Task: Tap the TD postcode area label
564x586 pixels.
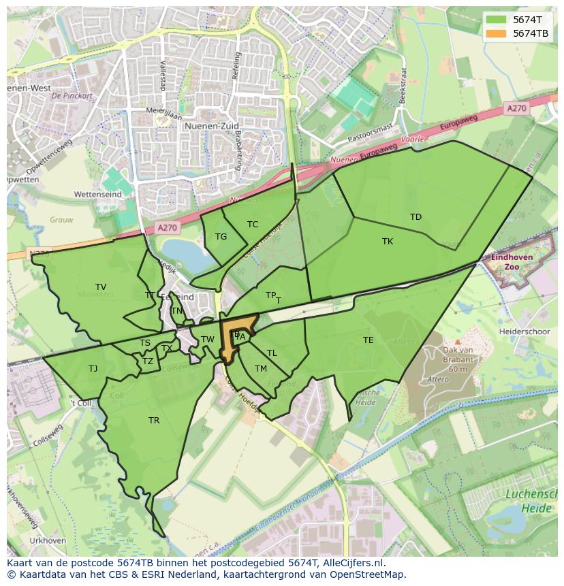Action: pos(416,217)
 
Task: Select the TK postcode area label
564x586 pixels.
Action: pos(388,242)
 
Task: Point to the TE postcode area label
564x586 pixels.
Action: pos(369,340)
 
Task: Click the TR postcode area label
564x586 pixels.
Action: pos(154,421)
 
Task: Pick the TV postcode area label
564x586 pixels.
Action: pos(101,287)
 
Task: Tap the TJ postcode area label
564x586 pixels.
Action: pos(93,369)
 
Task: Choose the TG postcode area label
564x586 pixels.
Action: pos(221,237)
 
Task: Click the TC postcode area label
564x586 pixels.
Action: pos(253,225)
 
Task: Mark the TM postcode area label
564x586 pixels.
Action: pos(261,369)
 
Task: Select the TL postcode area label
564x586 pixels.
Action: pos(272,353)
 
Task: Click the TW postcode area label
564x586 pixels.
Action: pos(208,340)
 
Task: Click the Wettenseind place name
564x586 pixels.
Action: pos(97,195)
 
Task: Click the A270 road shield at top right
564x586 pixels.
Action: pos(516,108)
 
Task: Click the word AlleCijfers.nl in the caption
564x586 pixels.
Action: pos(354,564)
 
